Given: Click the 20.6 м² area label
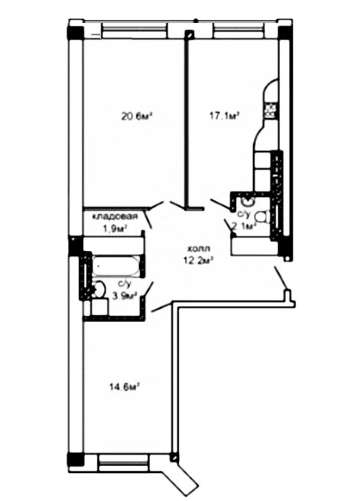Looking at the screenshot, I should tap(135, 116).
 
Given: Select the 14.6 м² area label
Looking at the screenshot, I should tap(124, 387).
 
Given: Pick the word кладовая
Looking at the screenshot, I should tap(115, 217).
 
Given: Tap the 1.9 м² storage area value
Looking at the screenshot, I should tap(113, 228).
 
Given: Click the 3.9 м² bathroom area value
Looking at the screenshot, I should tap(124, 295).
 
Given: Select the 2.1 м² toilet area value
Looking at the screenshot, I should tap(244, 226).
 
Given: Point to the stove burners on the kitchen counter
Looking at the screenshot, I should tap(271, 109).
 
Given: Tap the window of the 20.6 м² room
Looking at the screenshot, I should tap(133, 29).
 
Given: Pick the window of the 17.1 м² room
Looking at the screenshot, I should tap(238, 29).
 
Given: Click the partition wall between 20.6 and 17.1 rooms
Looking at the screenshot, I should tap(188, 120).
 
